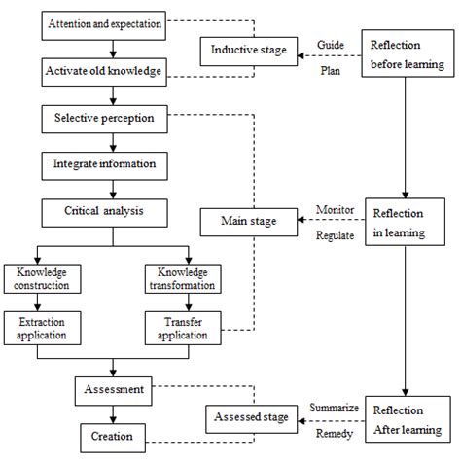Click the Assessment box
(115, 390)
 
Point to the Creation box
(115, 434)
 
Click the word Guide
(332, 45)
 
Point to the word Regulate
(336, 235)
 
